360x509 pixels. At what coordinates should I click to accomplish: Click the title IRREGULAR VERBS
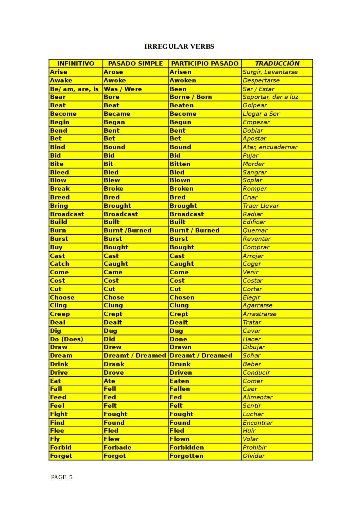(179, 47)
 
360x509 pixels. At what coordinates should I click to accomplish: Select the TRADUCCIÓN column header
(277, 64)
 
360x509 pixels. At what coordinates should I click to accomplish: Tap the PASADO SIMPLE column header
(135, 64)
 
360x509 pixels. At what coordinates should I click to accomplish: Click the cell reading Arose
(113, 72)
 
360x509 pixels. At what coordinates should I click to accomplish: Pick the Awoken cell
(183, 80)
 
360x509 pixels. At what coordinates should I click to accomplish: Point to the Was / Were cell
(123, 89)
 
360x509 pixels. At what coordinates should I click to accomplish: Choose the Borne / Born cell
(191, 97)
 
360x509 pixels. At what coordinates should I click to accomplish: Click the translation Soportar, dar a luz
(270, 97)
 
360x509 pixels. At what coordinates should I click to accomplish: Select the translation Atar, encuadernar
(270, 147)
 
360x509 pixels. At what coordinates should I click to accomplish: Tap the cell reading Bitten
(180, 164)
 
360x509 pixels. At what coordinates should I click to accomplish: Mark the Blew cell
(112, 180)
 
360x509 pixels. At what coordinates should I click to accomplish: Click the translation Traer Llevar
(261, 206)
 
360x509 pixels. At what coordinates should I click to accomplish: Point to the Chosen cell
(182, 297)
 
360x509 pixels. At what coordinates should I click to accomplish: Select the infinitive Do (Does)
(67, 339)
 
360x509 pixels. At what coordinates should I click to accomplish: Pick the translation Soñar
(251, 356)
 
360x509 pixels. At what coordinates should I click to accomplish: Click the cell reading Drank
(114, 364)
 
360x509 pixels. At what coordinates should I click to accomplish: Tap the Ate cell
(109, 381)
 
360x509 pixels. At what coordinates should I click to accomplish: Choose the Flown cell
(179, 439)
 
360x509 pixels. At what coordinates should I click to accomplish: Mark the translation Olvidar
(254, 456)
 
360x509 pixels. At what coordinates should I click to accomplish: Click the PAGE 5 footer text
(62, 477)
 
